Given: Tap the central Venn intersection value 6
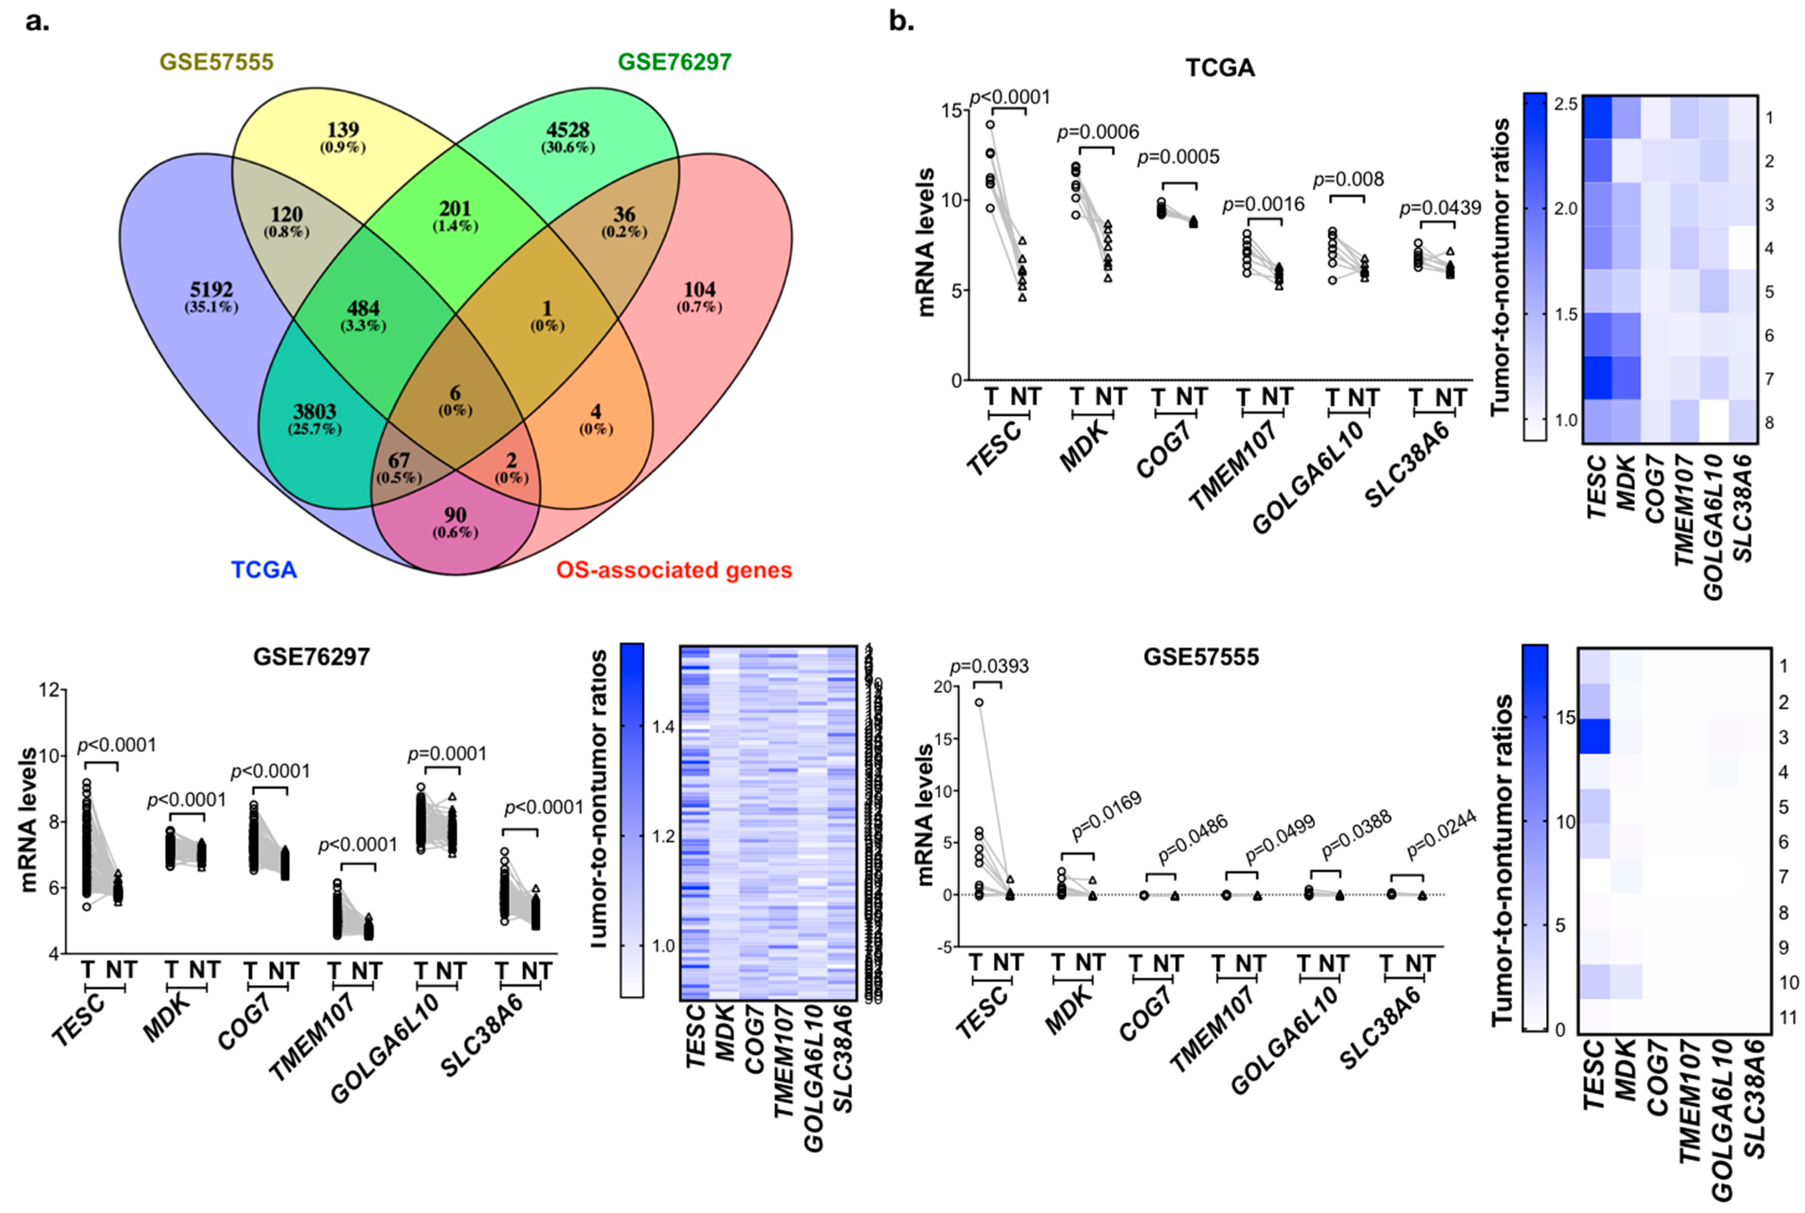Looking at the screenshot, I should (x=455, y=393).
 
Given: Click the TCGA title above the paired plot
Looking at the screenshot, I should (x=1220, y=68).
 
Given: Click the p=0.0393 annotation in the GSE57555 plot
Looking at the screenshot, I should (x=989, y=666).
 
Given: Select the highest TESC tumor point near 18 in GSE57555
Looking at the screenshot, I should (x=979, y=702).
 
